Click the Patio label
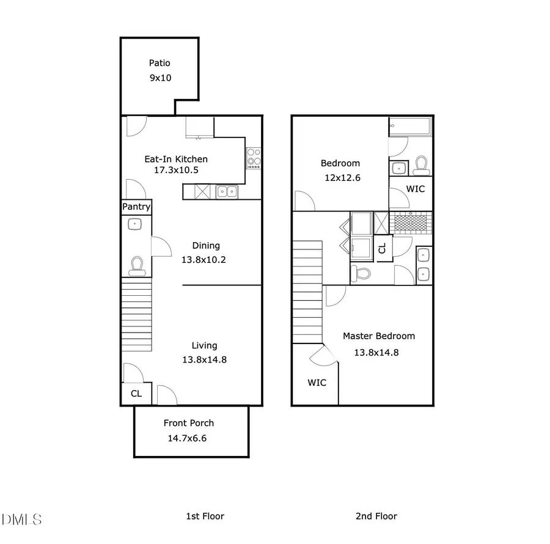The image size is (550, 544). coord(159,62)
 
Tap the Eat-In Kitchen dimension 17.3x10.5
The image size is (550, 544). coord(176,171)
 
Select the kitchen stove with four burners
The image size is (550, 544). coord(254,158)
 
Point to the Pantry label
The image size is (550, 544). coord(136,207)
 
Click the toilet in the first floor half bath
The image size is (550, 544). coord(136,265)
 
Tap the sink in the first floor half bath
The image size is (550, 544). coord(136,224)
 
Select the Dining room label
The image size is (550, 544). coord(205,246)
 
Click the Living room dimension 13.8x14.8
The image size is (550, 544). coord(204,359)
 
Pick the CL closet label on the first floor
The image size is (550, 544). coord(136,394)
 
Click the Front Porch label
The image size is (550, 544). coord(189,423)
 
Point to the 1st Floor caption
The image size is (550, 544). coord(205,516)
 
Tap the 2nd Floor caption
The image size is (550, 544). coord(376,516)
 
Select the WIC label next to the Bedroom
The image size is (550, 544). coord(415,189)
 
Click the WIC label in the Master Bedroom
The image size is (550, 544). coord(317,383)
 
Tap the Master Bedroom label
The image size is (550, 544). coord(378,336)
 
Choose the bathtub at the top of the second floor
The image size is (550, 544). coord(410,127)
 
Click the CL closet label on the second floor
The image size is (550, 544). coord(383,248)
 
